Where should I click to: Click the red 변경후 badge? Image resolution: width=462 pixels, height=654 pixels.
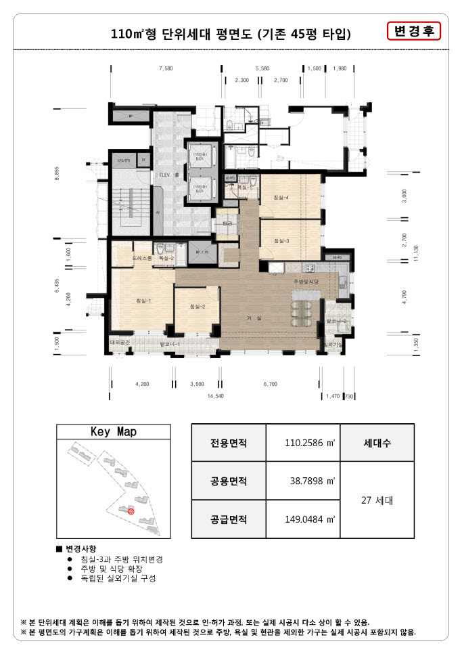[x=412, y=31]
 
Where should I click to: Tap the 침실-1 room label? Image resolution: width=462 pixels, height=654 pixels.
[x=143, y=301]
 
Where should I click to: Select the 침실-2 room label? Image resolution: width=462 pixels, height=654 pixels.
[x=198, y=307]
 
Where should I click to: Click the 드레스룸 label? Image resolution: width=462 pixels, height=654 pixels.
[x=141, y=259]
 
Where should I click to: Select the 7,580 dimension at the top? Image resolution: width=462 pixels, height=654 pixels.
[x=166, y=69]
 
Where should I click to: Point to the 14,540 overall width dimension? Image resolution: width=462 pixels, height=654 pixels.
[x=215, y=396]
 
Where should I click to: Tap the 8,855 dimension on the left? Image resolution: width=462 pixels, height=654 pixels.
[x=57, y=175]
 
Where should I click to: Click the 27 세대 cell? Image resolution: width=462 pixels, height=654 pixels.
[x=377, y=501]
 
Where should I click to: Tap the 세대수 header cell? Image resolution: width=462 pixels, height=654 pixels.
[x=377, y=444]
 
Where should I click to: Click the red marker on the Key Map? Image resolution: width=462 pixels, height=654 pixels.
[x=131, y=512]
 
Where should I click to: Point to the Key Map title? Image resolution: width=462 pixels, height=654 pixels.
[x=113, y=432]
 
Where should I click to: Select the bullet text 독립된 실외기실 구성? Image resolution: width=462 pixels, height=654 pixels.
[x=118, y=579]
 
